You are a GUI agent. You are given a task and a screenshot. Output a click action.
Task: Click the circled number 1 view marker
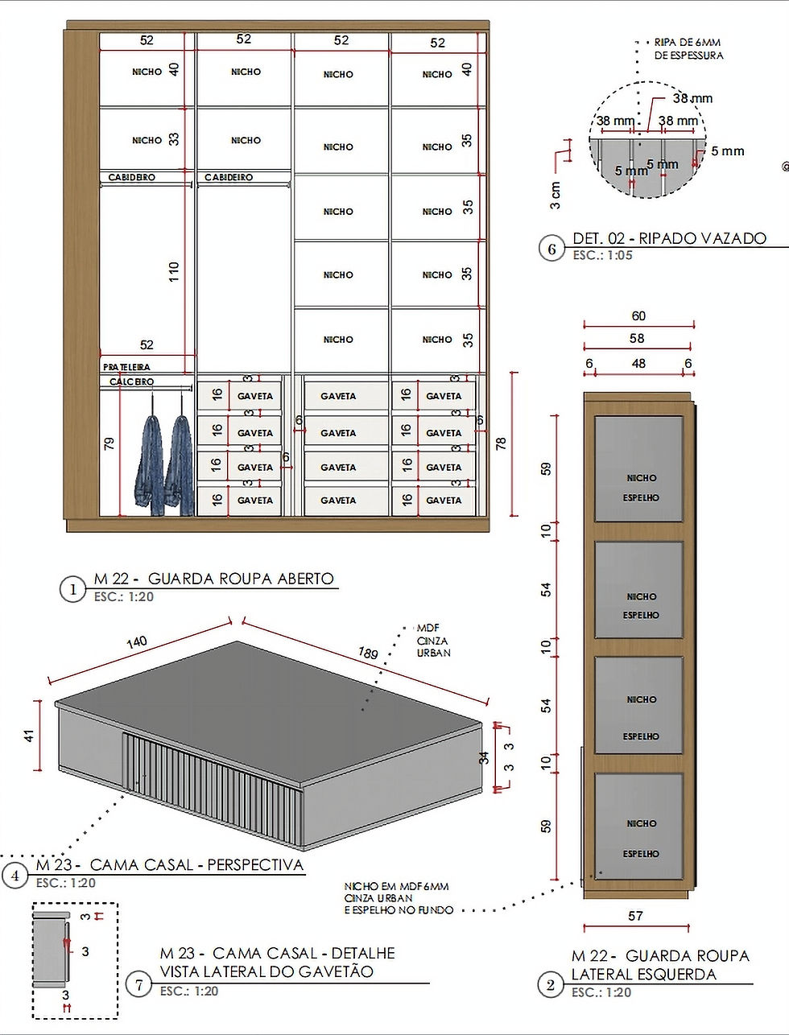(x=72, y=589)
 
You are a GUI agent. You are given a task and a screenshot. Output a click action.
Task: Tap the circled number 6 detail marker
(x=551, y=249)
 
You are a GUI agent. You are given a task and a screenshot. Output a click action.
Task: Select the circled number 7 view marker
(x=138, y=984)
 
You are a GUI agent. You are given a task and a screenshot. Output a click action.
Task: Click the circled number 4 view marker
(x=15, y=876)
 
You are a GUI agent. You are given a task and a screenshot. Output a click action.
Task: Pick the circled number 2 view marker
(x=551, y=984)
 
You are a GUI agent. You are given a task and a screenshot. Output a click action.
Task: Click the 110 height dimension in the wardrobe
(x=174, y=271)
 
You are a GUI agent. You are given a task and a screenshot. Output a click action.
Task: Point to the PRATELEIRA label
(x=126, y=367)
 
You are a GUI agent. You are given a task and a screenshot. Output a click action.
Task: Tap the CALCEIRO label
(x=131, y=381)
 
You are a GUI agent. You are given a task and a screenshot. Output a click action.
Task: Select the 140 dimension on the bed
(x=137, y=641)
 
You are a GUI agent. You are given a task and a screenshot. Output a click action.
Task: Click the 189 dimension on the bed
(x=368, y=653)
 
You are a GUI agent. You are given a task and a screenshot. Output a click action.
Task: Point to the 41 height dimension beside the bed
(x=29, y=736)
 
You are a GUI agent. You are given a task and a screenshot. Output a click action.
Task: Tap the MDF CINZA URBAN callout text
(x=433, y=641)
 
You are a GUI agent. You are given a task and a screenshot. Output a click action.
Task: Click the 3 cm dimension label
(x=556, y=196)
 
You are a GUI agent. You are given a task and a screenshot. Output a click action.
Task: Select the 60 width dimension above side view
(x=638, y=316)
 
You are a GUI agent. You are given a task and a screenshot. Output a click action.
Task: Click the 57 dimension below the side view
(x=635, y=915)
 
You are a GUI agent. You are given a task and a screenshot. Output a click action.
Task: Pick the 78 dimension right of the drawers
(x=501, y=443)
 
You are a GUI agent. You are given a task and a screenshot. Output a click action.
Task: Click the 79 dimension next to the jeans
(x=109, y=443)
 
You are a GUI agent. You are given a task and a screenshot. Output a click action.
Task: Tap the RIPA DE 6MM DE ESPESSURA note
(x=688, y=49)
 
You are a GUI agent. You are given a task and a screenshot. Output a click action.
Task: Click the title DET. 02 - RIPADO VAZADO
(x=669, y=238)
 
